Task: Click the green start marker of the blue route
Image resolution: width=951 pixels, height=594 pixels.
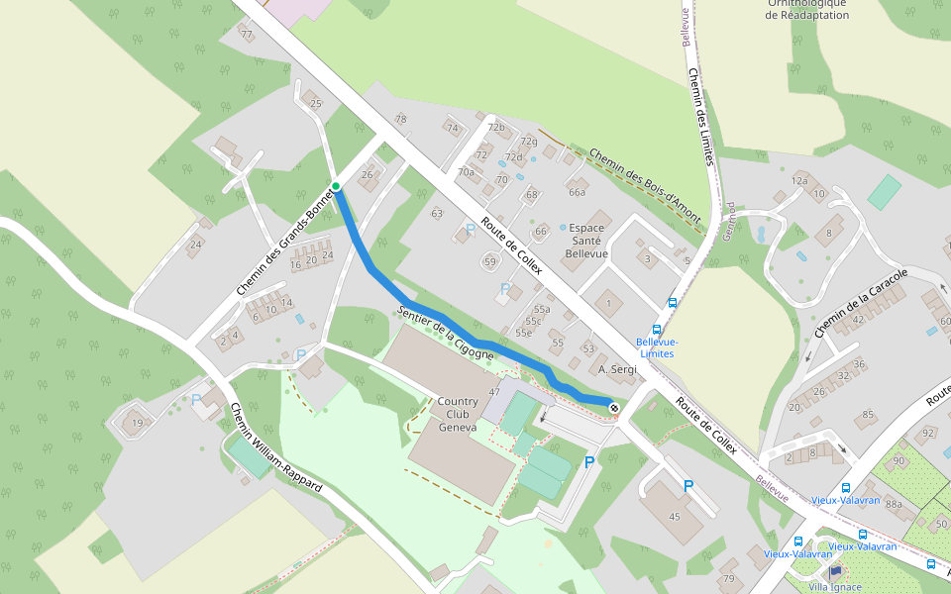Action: coord(336,186)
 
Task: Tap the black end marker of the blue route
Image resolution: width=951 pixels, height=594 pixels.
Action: coord(615,407)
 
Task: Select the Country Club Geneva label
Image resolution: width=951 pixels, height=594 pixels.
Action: coord(458,414)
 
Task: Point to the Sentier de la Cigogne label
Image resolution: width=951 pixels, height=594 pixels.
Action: coord(444,333)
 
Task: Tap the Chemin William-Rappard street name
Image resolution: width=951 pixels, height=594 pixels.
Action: coord(275,448)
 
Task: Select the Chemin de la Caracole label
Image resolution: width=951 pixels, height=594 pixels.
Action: coord(860,301)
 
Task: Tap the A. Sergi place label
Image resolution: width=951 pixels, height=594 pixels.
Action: coord(616,368)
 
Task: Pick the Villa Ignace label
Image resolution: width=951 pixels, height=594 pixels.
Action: coord(834,587)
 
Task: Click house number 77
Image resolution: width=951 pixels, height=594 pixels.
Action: coord(247,35)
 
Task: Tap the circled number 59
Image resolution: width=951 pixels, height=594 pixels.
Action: coord(489,261)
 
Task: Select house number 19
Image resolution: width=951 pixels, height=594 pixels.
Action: coord(138,424)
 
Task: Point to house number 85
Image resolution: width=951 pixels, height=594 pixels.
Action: coord(869,414)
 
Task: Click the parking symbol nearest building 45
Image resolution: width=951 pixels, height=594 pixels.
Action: coord(688,486)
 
